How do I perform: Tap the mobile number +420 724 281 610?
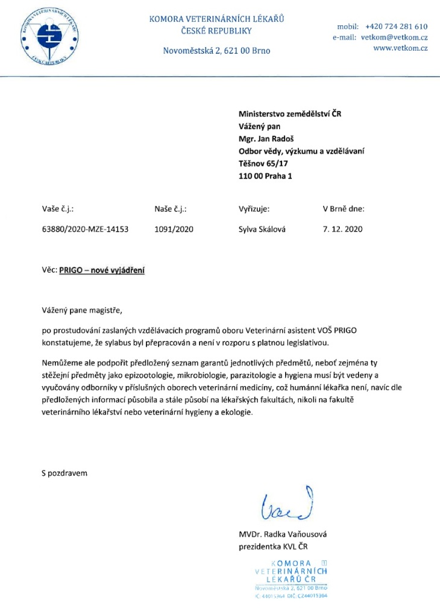pyautogui.click(x=396, y=27)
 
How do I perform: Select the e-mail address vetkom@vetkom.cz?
pyautogui.click(x=394, y=37)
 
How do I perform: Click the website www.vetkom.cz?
pyautogui.click(x=400, y=48)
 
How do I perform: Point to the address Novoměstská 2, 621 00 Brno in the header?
pyautogui.click(x=217, y=51)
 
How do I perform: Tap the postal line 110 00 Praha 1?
pyautogui.click(x=265, y=176)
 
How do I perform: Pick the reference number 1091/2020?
pyautogui.click(x=174, y=229)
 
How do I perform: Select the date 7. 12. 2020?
pyautogui.click(x=344, y=229)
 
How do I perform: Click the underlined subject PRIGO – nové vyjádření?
pyautogui.click(x=102, y=271)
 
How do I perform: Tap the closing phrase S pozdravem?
pyautogui.click(x=60, y=473)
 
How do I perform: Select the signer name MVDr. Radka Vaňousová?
pyautogui.click(x=283, y=534)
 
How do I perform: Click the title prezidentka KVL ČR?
pyautogui.click(x=275, y=546)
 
